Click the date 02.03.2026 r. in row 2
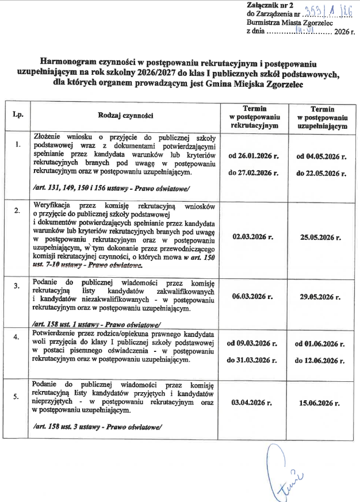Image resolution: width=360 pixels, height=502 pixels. point(252,236)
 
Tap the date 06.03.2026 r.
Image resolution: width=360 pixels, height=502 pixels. point(252,297)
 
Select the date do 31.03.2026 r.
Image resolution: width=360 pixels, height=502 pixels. point(252,360)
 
